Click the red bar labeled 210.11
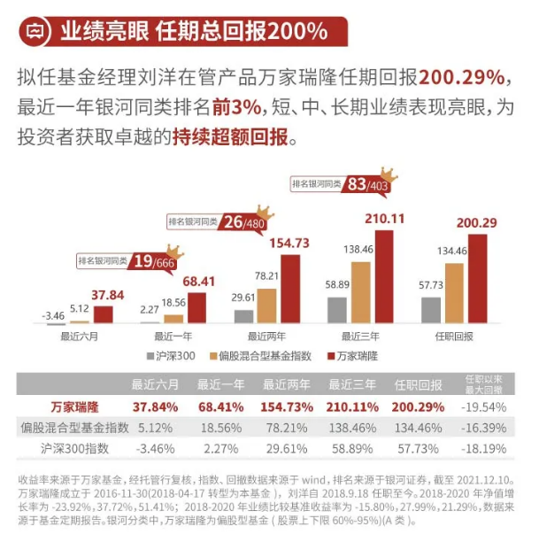(x=384, y=276)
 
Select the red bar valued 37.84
(x=103, y=314)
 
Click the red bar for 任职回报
(x=478, y=278)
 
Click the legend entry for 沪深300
(x=172, y=355)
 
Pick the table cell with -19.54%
(x=486, y=406)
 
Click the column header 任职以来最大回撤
(x=486, y=383)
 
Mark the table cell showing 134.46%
(x=419, y=428)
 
